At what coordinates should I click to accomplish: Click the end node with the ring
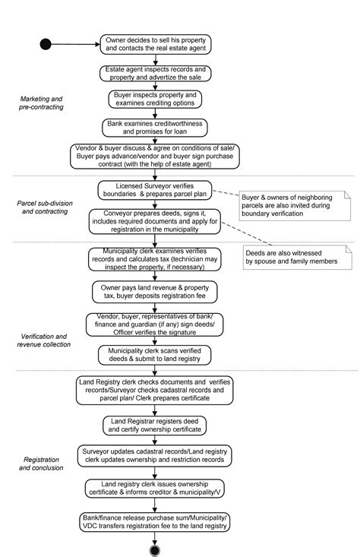pyautogui.click(x=155, y=550)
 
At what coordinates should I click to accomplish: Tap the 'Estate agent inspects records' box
pyautogui.click(x=155, y=73)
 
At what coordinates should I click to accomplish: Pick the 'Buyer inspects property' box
pyautogui.click(x=155, y=100)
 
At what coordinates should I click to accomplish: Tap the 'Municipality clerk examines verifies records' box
pyautogui.click(x=155, y=261)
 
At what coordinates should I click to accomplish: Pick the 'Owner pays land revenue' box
pyautogui.click(x=155, y=293)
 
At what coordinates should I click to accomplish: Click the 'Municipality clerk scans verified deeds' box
pyautogui.click(x=155, y=355)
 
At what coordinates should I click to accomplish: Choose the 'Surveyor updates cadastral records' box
pyautogui.click(x=155, y=456)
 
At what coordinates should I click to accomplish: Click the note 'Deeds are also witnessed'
pyautogui.click(x=292, y=255)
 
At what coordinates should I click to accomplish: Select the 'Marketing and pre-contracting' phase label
pyautogui.click(x=41, y=103)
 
